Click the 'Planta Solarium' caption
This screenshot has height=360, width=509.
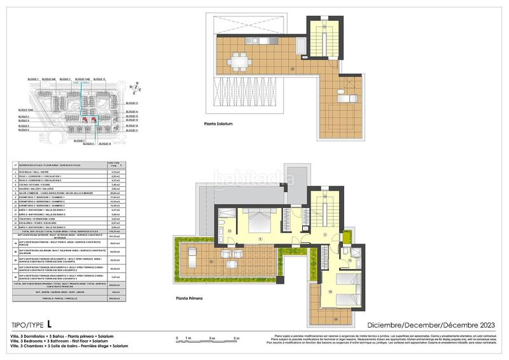point(218,124)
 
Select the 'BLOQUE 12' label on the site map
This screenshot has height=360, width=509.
point(98,79)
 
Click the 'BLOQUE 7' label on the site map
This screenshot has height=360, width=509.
point(80,140)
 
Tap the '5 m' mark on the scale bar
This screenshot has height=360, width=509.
point(237,338)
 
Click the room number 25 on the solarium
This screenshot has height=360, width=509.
point(292,69)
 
